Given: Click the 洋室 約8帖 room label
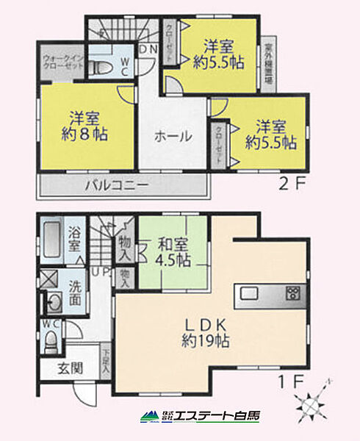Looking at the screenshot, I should pos(86,126).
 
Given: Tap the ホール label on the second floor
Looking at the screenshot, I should pos(173,136).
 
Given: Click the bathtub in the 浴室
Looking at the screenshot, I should pos(49,240).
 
